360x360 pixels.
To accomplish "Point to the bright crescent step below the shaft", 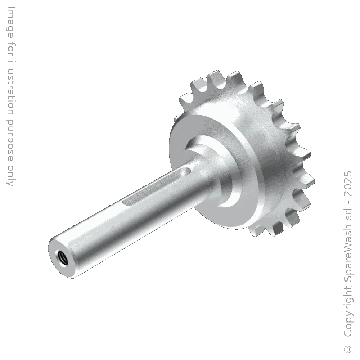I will (230, 202).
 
